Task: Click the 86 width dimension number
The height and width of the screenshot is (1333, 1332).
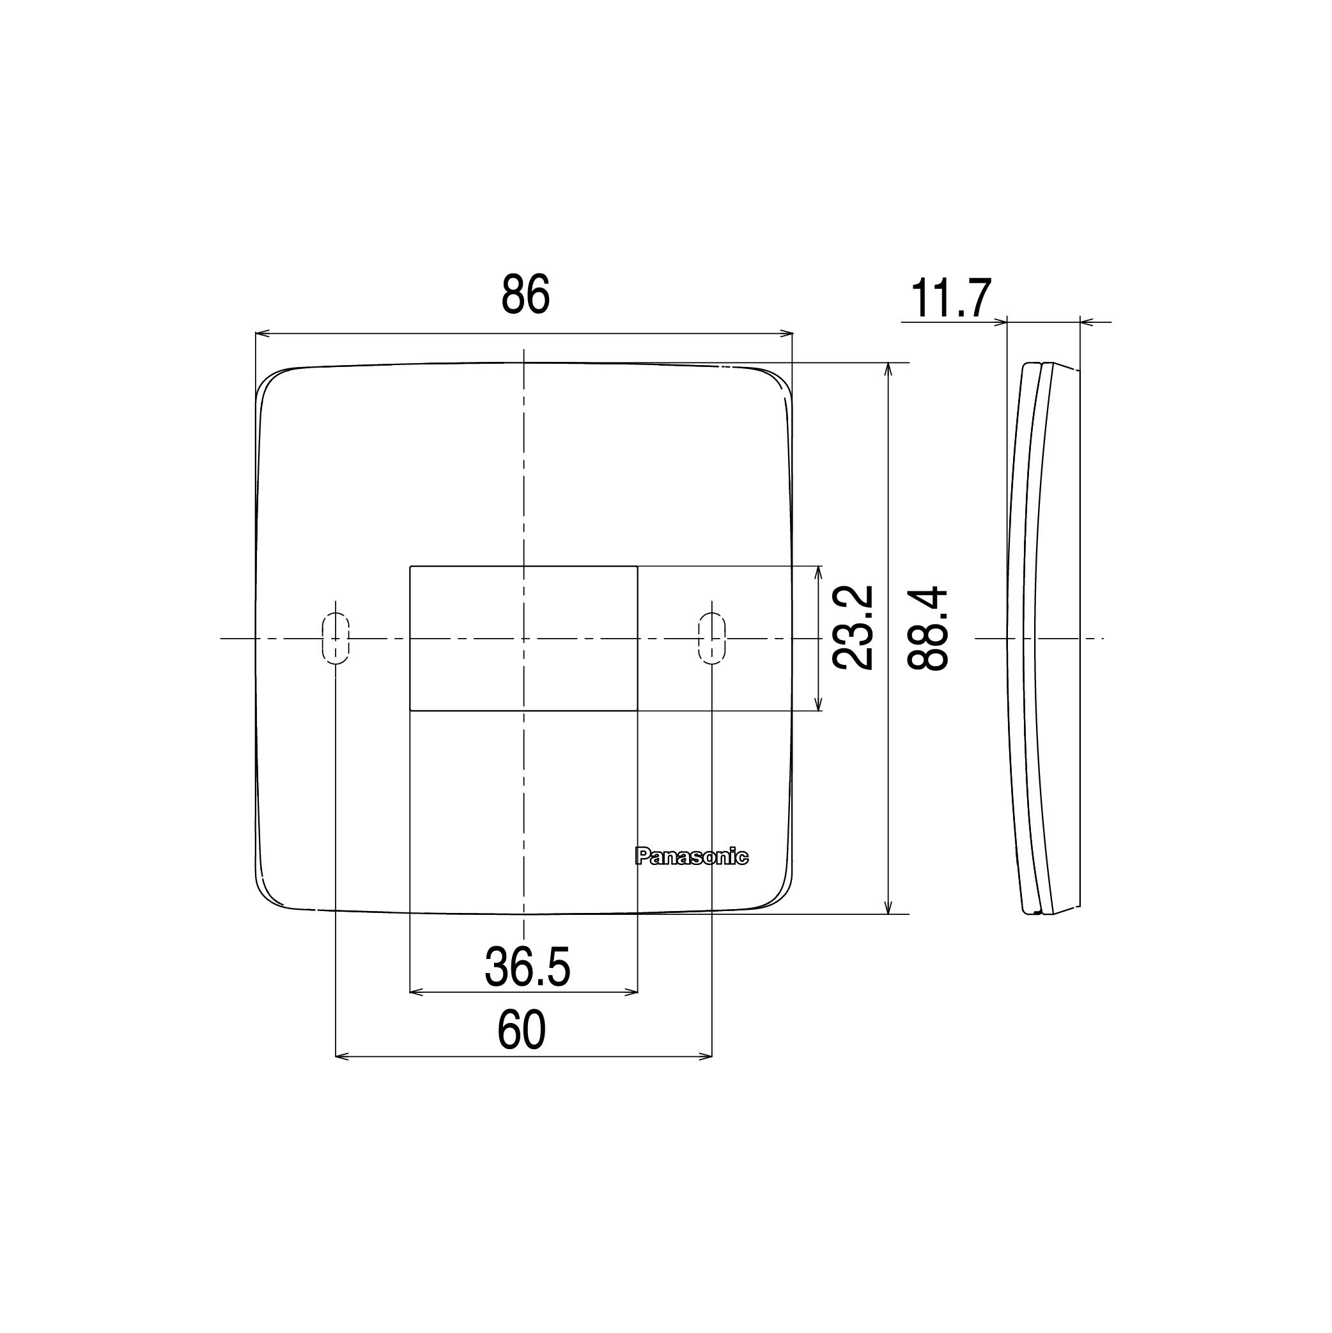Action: [525, 295]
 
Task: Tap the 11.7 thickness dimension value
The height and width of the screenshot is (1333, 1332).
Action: [950, 299]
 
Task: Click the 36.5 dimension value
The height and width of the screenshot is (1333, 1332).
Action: [527, 967]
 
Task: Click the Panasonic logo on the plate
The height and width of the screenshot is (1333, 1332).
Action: [691, 857]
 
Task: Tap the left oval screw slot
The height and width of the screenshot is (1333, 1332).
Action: [336, 638]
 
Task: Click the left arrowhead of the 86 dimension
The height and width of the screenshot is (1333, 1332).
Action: [261, 334]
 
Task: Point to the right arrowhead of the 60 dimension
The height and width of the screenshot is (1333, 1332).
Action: [706, 1056]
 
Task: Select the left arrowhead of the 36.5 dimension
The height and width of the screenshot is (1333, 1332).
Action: [415, 992]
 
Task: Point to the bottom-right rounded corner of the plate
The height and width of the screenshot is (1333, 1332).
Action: [780, 896]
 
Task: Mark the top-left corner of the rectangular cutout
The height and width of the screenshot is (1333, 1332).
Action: [411, 567]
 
